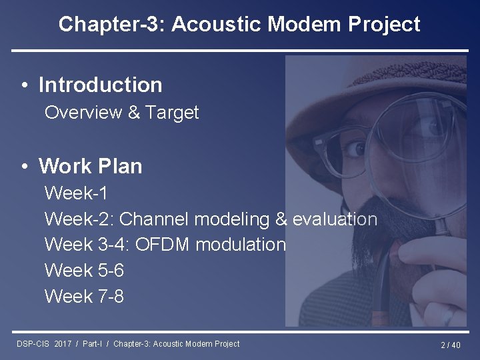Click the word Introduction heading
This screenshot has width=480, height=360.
pos(100,85)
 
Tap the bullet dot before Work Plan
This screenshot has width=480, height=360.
pos(24,166)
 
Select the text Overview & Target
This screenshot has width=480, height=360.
pos(121,113)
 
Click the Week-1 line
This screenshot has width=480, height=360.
pos(76,194)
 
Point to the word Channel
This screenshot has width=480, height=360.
pos(154,219)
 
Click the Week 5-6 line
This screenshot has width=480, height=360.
pos(84,271)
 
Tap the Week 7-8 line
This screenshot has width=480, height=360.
pos(84,296)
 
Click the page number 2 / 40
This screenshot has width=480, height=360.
pos(450,345)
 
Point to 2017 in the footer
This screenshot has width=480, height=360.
pos(63,344)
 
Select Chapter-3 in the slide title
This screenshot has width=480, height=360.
pos(109,25)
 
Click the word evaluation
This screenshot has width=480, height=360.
pos(335,219)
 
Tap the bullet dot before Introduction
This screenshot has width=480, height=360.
pos(24,86)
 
